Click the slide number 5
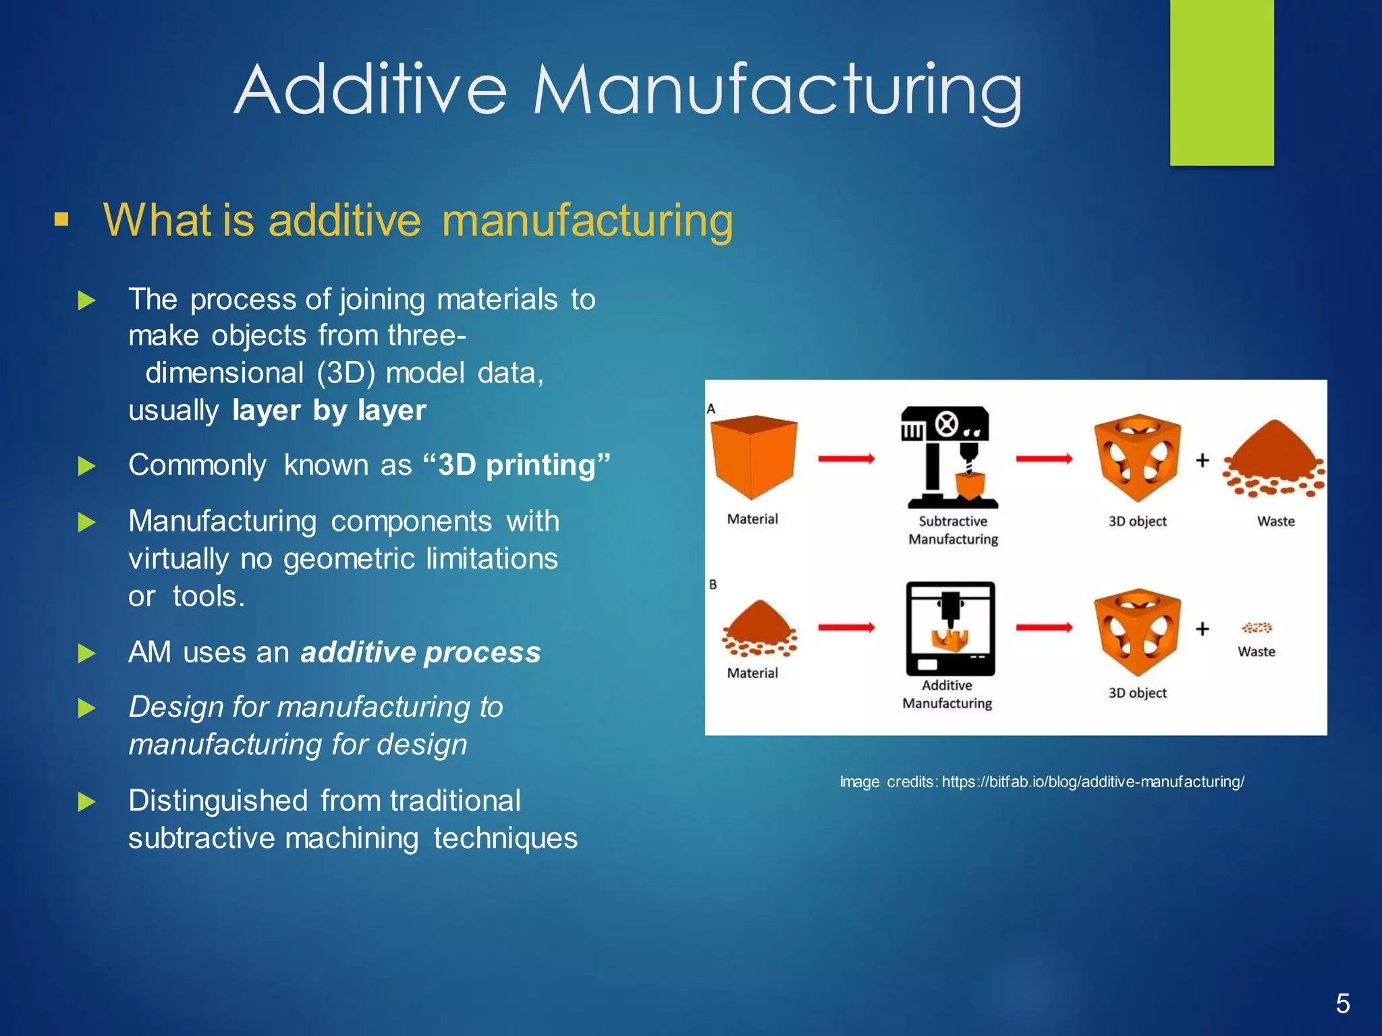[1342, 1004]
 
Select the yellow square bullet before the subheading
[61, 219]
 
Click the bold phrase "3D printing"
[517, 465]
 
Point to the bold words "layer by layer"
[329, 410]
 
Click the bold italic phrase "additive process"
[420, 652]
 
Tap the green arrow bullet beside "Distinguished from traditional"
[86, 801]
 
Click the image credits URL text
[1093, 782]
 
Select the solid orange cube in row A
[754, 456]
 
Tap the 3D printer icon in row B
[950, 628]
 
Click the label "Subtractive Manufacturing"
[953, 530]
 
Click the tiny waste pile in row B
[1257, 628]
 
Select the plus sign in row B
[1202, 629]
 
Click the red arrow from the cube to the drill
[846, 459]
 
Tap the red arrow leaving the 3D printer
[1044, 628]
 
